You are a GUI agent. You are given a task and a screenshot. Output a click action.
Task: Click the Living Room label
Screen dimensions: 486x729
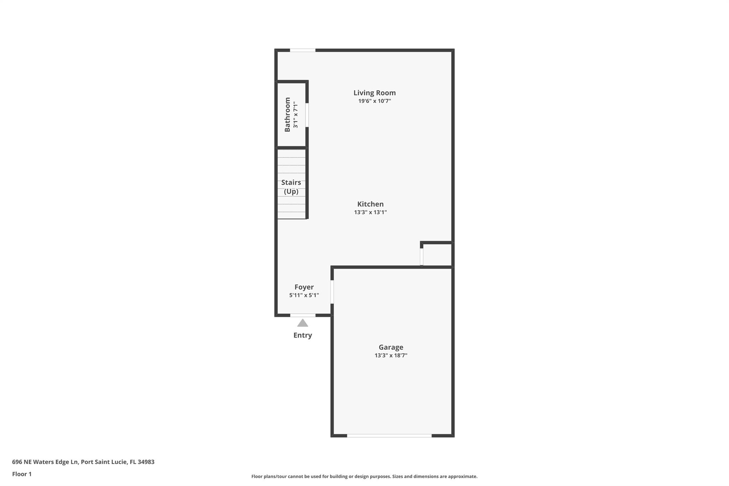tap(374, 93)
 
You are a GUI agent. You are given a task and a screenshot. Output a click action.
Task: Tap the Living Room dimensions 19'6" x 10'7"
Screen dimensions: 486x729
tap(374, 101)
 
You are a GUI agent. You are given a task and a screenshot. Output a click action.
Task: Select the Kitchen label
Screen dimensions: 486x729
tap(370, 204)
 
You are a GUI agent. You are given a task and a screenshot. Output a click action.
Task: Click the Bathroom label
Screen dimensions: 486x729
tap(287, 115)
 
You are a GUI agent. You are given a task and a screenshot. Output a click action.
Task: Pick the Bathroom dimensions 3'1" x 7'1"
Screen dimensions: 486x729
tap(295, 115)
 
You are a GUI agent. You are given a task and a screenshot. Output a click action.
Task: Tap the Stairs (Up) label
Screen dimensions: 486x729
tap(291, 187)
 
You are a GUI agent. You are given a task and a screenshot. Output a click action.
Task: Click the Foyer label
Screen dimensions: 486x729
tap(304, 287)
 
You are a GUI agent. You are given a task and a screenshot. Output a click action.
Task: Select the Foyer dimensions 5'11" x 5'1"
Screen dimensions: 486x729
tap(304, 295)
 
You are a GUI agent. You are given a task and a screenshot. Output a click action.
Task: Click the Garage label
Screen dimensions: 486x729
tap(391, 347)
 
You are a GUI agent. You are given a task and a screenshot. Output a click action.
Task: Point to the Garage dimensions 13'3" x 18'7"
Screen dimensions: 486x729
tap(391, 355)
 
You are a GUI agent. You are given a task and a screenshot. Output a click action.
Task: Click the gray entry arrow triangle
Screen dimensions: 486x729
tap(303, 323)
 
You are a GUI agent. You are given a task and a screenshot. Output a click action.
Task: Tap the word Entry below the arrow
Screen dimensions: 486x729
tap(303, 335)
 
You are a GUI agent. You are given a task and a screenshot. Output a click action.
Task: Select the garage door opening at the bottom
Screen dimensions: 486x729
tap(389, 435)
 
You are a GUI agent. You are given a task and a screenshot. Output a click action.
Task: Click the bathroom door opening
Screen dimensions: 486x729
tap(307, 115)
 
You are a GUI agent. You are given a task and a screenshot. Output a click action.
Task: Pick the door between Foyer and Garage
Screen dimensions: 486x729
tap(332, 292)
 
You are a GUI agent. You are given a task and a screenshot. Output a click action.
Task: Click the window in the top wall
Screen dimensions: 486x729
tap(303, 50)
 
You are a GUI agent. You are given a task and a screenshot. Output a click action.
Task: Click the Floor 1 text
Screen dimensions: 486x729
tap(22, 474)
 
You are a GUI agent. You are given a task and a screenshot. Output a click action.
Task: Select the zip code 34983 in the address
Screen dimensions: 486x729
tap(146, 462)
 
